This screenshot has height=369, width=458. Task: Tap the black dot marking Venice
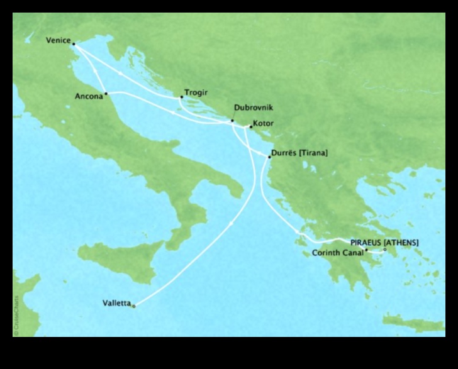tap(74, 44)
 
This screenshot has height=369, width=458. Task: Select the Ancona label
tap(87, 97)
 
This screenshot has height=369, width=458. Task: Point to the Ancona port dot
tap(106, 94)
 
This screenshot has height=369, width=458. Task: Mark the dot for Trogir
tap(181, 96)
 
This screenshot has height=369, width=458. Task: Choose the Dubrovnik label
tap(253, 108)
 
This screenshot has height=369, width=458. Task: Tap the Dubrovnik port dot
tap(232, 121)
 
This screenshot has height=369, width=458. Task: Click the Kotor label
tap(262, 124)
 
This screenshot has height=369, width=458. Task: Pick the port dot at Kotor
tap(250, 127)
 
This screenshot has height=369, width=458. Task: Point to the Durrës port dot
tap(269, 156)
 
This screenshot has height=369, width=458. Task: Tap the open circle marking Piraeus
tap(385, 250)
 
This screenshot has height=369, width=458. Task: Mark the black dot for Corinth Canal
tap(366, 250)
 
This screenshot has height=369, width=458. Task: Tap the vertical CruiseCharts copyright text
tap(16, 314)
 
